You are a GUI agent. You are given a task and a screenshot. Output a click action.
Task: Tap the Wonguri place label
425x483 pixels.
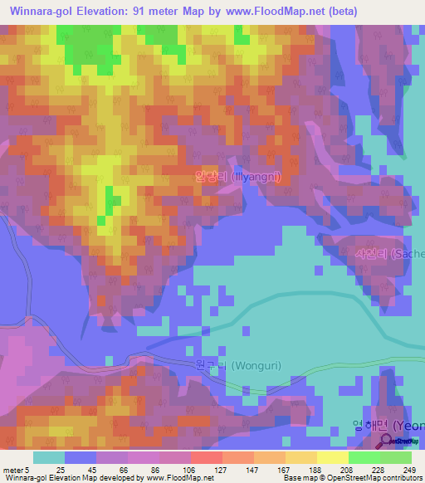[227, 365]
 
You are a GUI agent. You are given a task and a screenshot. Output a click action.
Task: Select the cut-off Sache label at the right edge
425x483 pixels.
[389, 253]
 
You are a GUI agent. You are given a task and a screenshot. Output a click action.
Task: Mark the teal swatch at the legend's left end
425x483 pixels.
[49, 457]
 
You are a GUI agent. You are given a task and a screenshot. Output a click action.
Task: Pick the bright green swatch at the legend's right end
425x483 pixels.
[396, 457]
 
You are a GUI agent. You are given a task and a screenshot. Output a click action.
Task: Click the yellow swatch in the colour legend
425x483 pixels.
[333, 457]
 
